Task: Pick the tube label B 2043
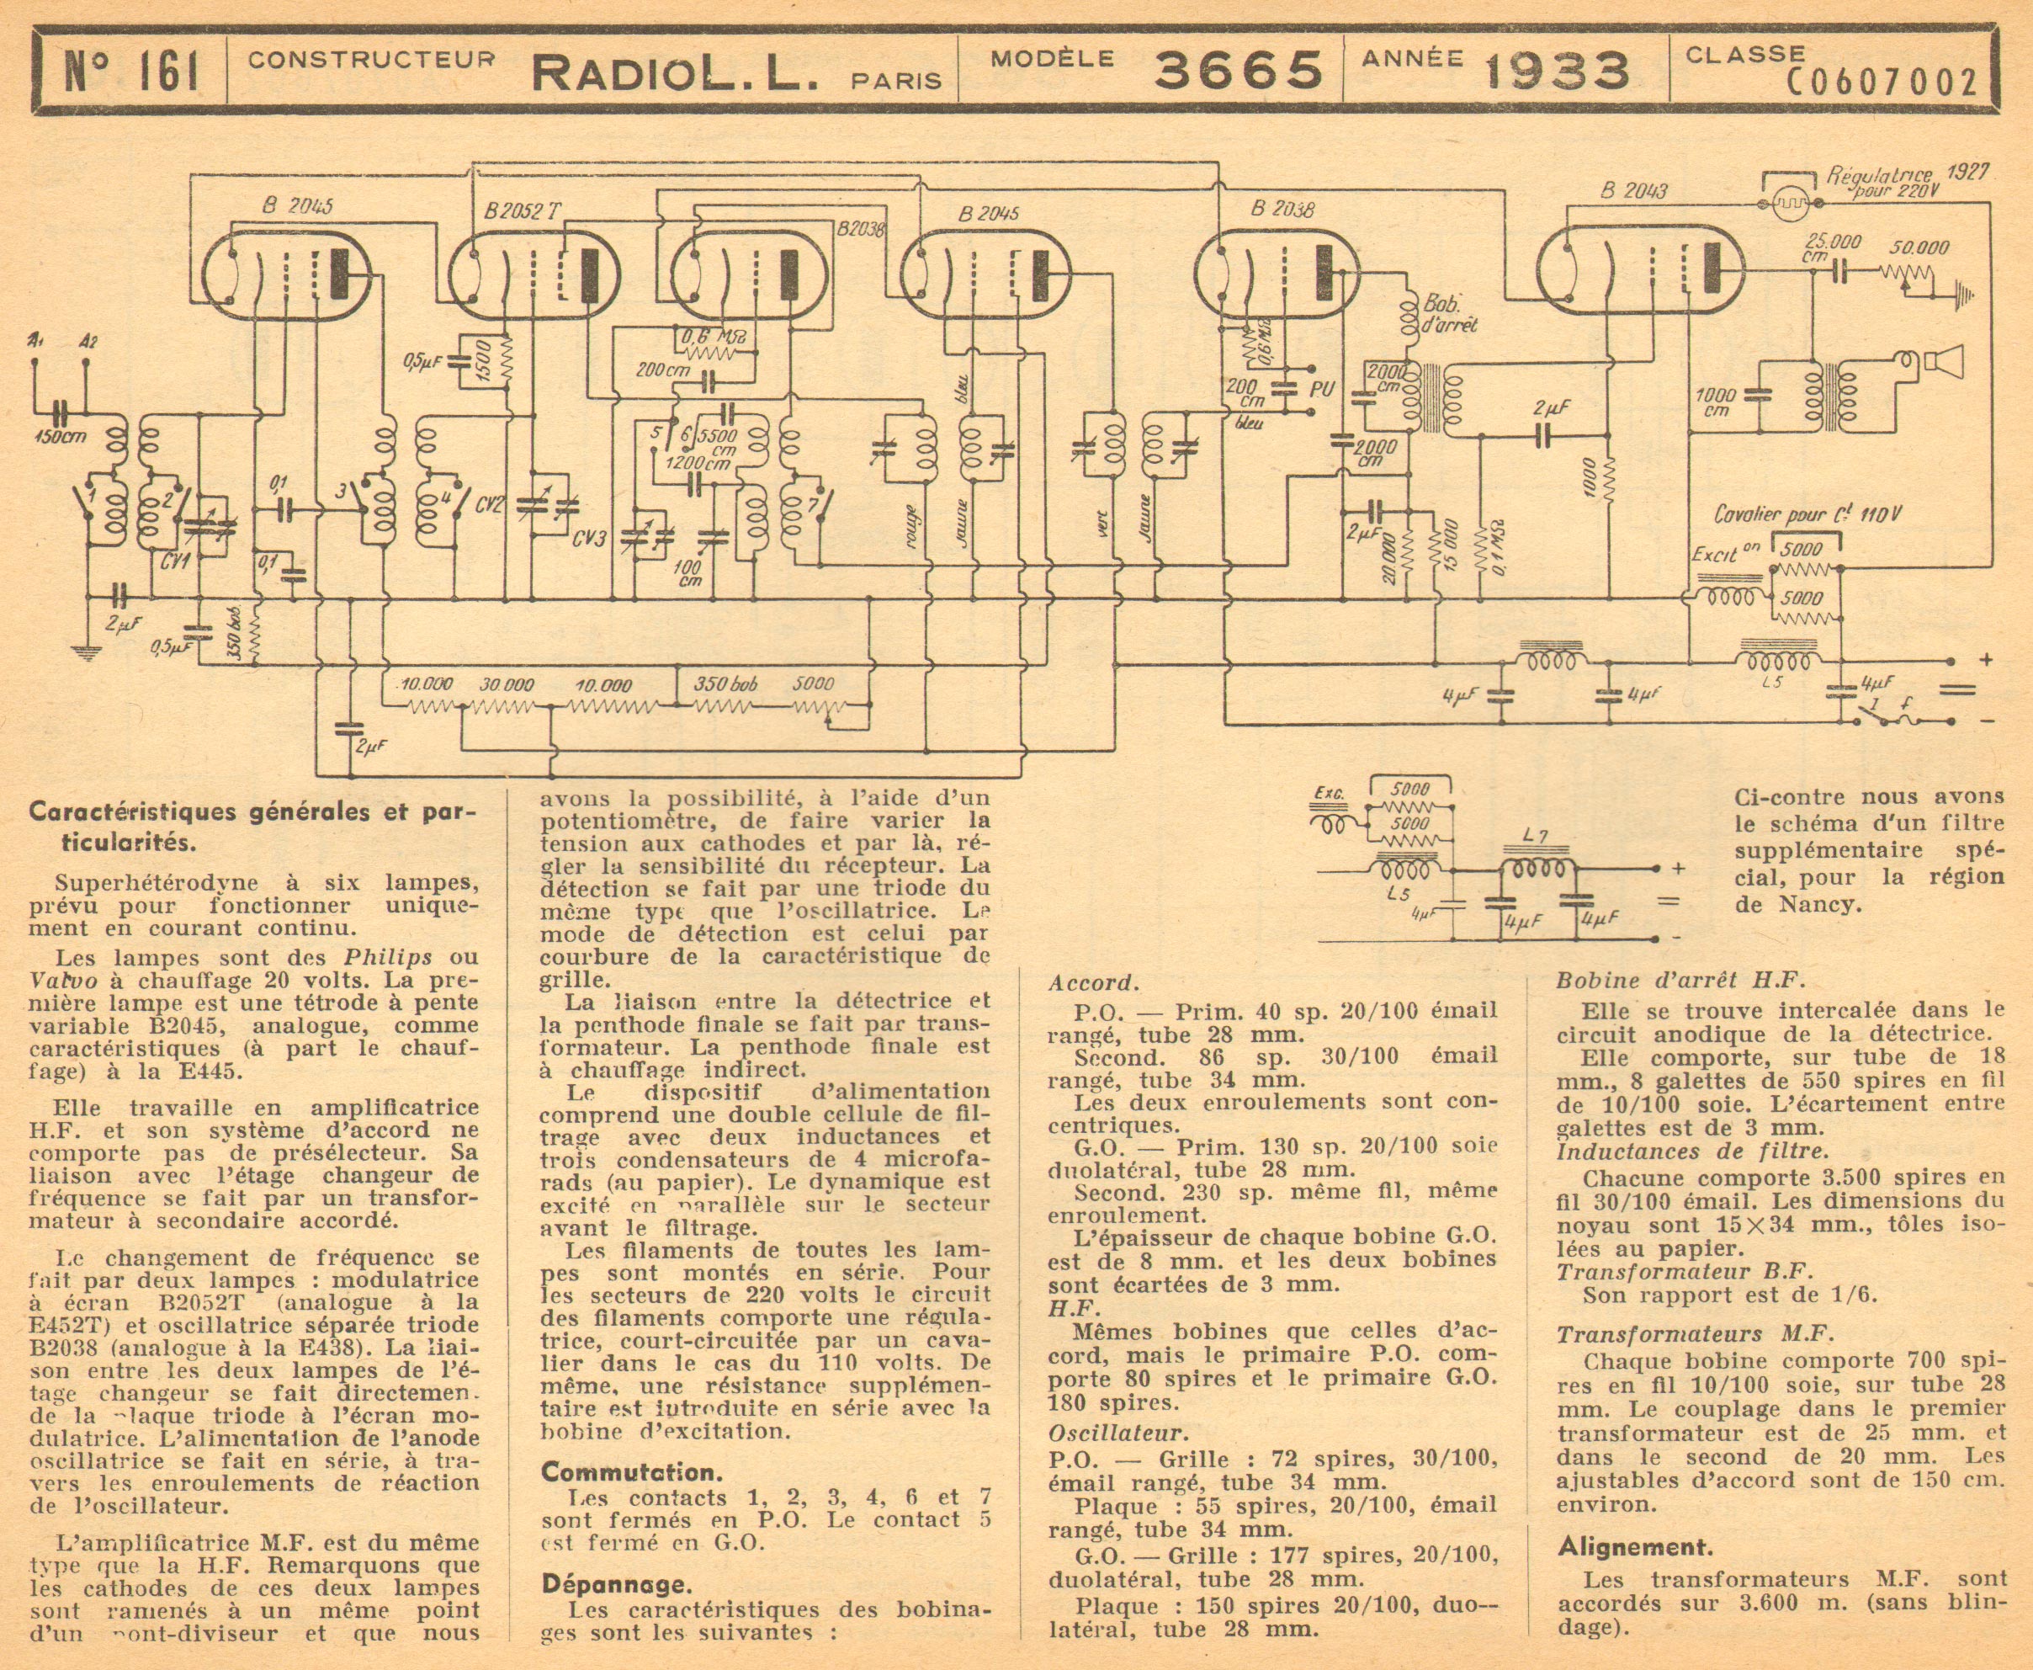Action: pyautogui.click(x=1634, y=190)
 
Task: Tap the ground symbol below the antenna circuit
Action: pyautogui.click(x=87, y=653)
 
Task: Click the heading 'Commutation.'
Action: pyautogui.click(x=630, y=1473)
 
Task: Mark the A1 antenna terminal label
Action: pyautogui.click(x=35, y=339)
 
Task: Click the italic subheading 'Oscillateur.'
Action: pyautogui.click(x=1118, y=1433)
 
